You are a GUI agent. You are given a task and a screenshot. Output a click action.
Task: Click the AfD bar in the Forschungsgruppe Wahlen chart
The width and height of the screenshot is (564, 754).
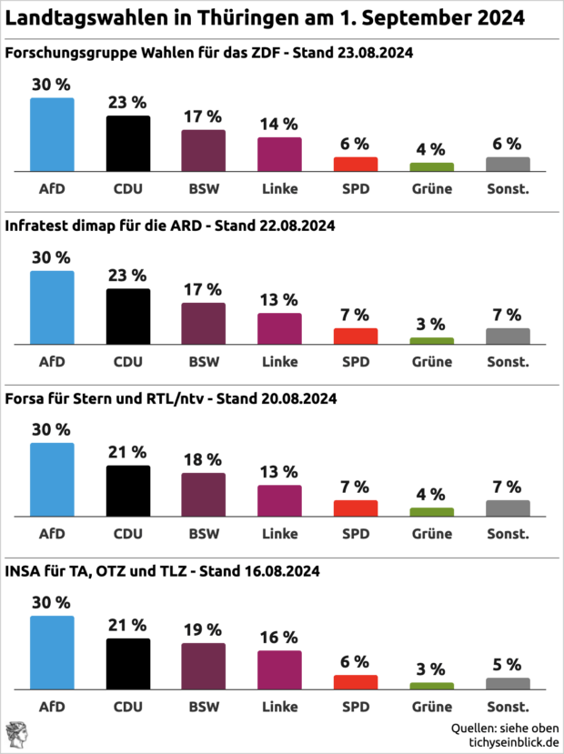[52, 135]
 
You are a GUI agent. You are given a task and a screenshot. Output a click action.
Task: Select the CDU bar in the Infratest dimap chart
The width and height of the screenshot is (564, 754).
[128, 317]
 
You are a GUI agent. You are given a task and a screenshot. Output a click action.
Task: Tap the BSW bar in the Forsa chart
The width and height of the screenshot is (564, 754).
[203, 495]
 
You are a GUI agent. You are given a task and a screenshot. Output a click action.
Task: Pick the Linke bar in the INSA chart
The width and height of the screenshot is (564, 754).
[279, 670]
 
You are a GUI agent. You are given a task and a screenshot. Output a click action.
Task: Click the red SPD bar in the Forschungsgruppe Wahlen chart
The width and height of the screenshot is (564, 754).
[355, 165]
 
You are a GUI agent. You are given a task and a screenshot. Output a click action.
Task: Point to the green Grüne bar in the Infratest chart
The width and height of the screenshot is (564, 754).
[431, 341]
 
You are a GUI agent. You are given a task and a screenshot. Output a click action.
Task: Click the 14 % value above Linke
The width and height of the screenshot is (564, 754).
[279, 124]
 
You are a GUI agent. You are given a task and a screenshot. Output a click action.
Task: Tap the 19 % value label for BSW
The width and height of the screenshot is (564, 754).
[203, 629]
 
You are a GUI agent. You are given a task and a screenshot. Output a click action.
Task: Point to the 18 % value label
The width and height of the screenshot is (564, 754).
[203, 459]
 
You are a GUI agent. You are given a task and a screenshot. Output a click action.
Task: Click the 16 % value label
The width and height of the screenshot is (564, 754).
[279, 637]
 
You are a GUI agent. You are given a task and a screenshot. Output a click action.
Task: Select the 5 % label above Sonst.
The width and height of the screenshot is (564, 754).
[508, 664]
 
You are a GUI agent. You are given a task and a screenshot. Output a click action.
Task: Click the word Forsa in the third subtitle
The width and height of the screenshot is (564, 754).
[25, 398]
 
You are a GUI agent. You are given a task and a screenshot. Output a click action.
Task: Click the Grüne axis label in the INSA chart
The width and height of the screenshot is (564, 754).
[431, 707]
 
